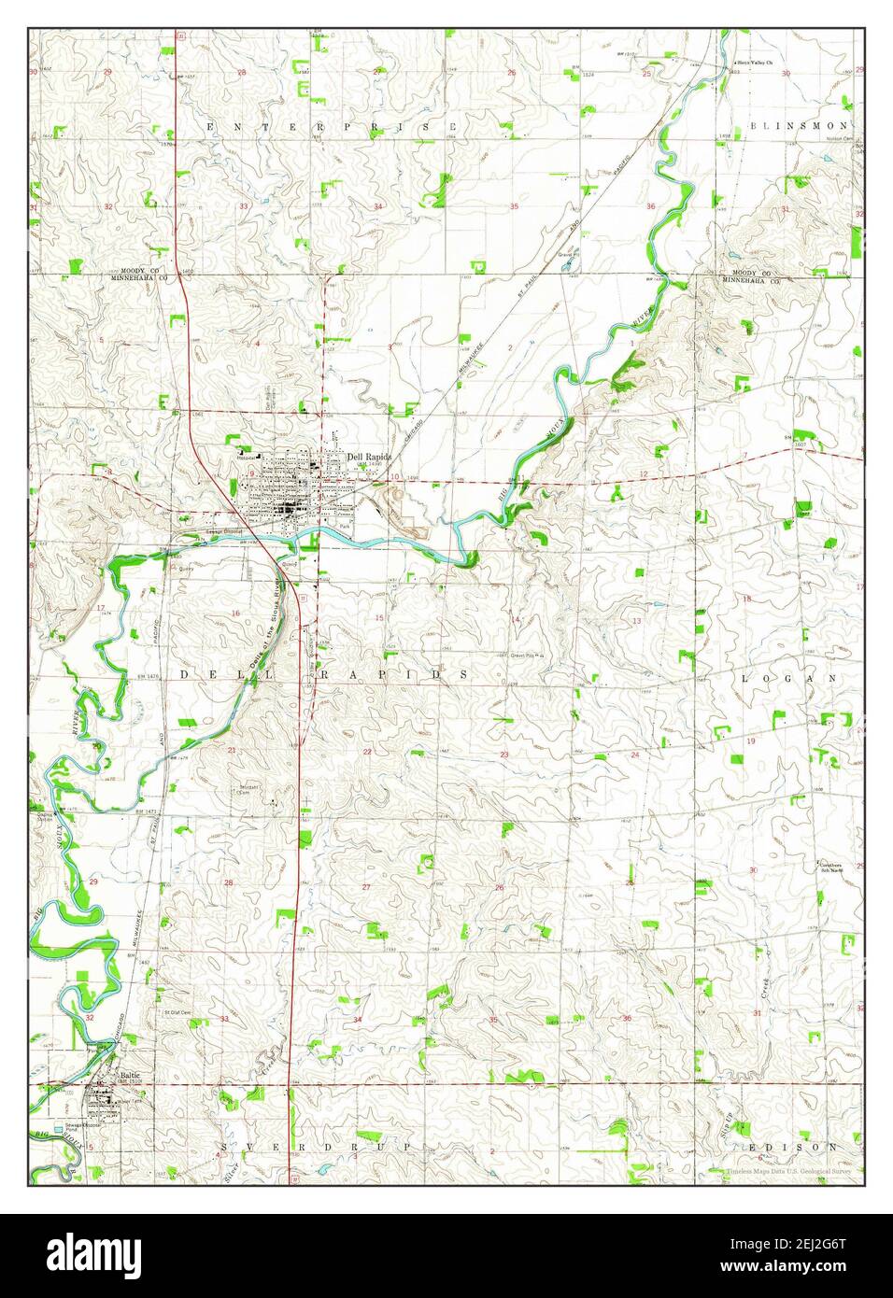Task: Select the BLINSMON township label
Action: point(803,124)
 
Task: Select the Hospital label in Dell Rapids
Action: point(245,458)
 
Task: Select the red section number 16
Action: point(236,614)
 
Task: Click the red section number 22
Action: point(368,752)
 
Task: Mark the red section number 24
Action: point(635,755)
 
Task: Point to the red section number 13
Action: point(636,621)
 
